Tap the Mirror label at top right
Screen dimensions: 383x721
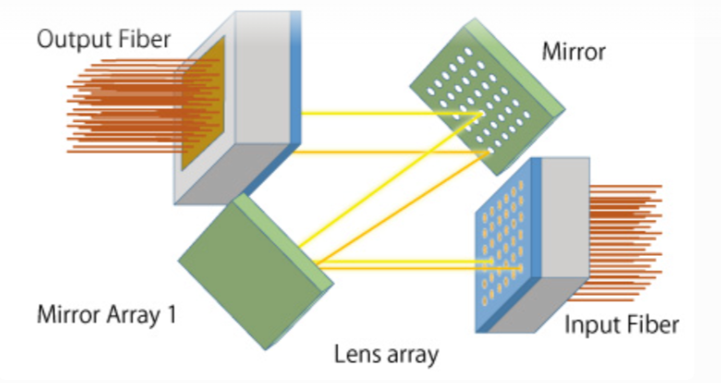(x=573, y=51)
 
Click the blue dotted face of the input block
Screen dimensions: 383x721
(x=502, y=242)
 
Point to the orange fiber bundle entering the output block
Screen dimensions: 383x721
(x=121, y=106)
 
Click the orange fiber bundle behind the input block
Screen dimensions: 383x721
(x=622, y=242)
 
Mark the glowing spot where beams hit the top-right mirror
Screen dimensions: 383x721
(x=480, y=113)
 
